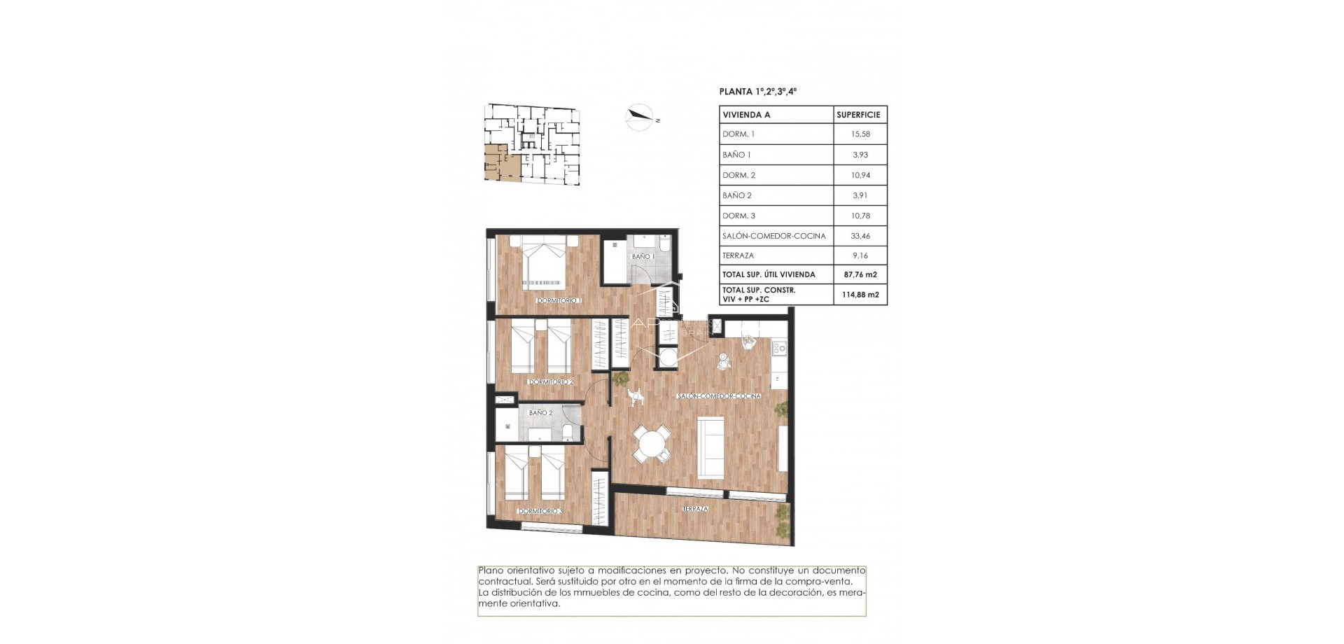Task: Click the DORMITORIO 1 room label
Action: pyautogui.click(x=559, y=300)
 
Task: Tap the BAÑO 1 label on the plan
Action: pyautogui.click(x=643, y=257)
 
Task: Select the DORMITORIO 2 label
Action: pyautogui.click(x=551, y=382)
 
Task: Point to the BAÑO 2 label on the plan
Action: pyautogui.click(x=540, y=413)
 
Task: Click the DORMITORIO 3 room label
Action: pyautogui.click(x=540, y=511)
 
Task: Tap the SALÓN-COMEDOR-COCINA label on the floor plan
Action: pyautogui.click(x=718, y=396)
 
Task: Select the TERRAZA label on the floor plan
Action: pyautogui.click(x=695, y=509)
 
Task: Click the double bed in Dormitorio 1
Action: pyautogui.click(x=544, y=262)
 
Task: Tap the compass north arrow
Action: pyautogui.click(x=639, y=117)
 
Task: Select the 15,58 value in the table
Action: pyautogui.click(x=860, y=134)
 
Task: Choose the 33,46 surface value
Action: pyautogui.click(x=860, y=236)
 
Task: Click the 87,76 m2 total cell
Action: pyautogui.click(x=860, y=274)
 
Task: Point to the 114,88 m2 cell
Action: pyautogui.click(x=860, y=295)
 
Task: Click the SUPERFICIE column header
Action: pyautogui.click(x=858, y=115)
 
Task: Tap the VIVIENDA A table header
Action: pyautogui.click(x=746, y=115)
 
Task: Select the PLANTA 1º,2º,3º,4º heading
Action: pyautogui.click(x=758, y=92)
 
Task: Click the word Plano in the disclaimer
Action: pyautogui.click(x=490, y=570)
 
